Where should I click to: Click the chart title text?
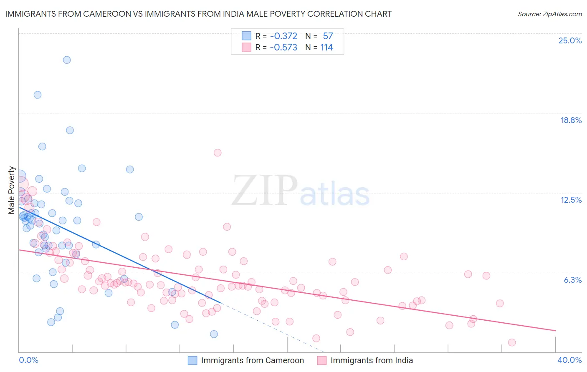pos(198,14)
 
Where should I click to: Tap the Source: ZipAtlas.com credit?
pos(549,14)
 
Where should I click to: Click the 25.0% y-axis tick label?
pos(570,40)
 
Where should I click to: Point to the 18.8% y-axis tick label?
pos(571,120)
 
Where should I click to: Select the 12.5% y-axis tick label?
pos(571,200)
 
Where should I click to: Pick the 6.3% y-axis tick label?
pos(572,280)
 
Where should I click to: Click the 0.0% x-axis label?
pos(28,360)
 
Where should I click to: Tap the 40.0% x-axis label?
pos(569,360)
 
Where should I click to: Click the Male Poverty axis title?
pos(12,190)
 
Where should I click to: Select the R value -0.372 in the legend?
pos(283,36)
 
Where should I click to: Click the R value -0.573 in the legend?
pos(283,48)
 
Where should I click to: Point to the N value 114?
pos(326,48)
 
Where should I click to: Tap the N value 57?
pos(328,36)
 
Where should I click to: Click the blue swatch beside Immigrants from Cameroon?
pos(192,360)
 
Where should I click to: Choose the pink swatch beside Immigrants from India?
pos(322,360)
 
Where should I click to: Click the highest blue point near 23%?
pos(67,60)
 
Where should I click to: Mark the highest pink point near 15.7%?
pos(218,153)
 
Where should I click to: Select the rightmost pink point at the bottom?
pos(512,342)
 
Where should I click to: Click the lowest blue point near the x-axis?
pos(214,334)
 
